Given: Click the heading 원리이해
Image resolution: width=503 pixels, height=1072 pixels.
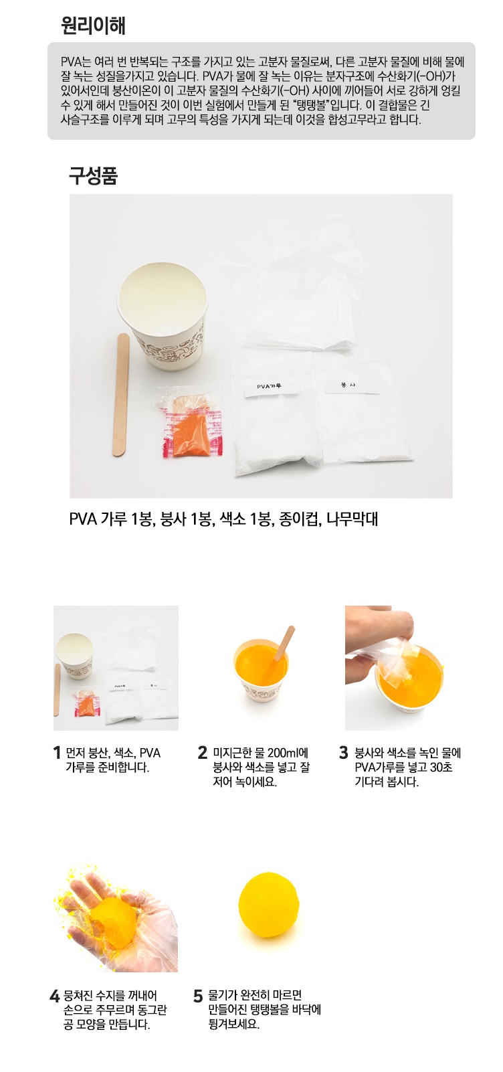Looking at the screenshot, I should [x=93, y=26].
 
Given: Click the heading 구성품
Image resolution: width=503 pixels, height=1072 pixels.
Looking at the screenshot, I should [x=93, y=176].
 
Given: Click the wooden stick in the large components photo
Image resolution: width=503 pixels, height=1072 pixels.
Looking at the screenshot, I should [x=122, y=395].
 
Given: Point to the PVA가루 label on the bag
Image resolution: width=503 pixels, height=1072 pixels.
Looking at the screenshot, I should [x=270, y=386].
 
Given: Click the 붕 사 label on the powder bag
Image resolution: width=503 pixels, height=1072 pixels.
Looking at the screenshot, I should [x=348, y=385].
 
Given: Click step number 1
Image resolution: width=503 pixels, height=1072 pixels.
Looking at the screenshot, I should [x=58, y=753].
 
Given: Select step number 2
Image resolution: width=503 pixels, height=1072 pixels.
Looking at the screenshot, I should [x=203, y=753].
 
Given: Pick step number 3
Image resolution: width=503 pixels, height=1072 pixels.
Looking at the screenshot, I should [x=344, y=753].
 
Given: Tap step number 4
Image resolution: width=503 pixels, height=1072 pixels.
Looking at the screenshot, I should [x=55, y=996].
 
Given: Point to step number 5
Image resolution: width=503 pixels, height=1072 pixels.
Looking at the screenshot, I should [x=198, y=996].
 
